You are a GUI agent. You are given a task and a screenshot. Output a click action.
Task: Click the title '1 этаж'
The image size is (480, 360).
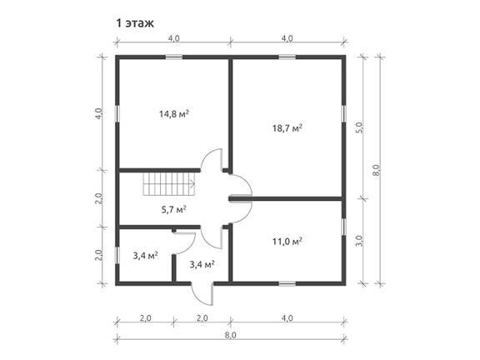coord(135,23)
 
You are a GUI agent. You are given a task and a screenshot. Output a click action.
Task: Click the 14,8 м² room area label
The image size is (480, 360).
coord(173,114)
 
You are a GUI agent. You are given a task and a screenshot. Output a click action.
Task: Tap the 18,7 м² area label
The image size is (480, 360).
coord(287,128)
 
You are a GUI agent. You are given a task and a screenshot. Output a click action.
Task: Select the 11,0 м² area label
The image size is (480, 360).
coord(287,242)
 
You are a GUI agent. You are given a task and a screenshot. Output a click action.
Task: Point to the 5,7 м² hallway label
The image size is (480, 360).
coord(173,210)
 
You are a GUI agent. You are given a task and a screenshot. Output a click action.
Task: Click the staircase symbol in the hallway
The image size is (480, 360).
coord(169,184)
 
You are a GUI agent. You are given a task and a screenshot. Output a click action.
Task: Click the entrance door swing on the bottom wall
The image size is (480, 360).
coord(202,294)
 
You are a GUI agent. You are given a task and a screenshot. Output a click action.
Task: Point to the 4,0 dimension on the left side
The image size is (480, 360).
coord(98,114)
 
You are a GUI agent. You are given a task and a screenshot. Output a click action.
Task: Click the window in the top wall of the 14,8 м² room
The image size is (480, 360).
coord(174,57)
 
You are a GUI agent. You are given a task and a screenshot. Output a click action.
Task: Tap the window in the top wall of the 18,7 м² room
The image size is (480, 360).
coord(287,57)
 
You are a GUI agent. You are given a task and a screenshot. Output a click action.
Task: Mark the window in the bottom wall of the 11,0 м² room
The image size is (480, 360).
coord(287,284)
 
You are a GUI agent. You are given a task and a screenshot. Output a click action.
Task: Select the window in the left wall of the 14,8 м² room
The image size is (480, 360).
coord(117,114)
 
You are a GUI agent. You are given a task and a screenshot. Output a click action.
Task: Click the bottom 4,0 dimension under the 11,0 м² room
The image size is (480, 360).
coord(287,318)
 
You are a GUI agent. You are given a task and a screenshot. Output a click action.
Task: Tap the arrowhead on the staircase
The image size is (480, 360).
coord(192,184)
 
